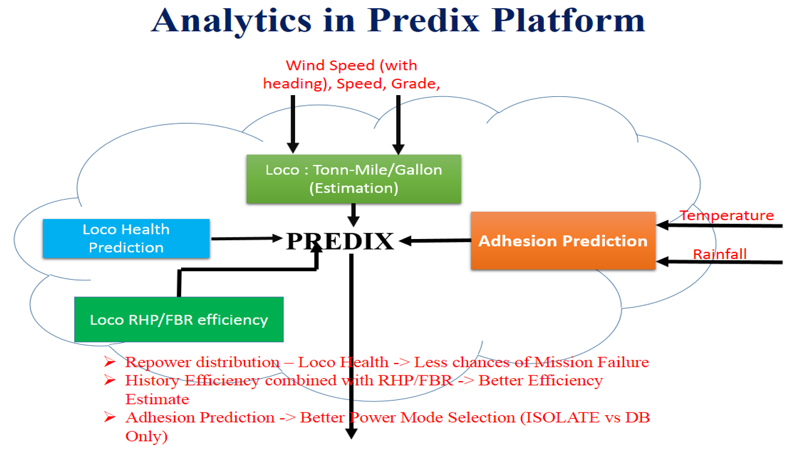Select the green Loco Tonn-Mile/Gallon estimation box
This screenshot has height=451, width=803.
tap(353, 179)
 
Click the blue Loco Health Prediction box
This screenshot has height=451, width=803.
tap(126, 238)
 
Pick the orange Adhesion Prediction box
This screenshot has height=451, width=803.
tap(563, 241)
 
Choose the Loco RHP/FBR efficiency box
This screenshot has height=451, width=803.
tap(179, 319)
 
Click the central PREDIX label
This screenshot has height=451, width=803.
tap(340, 241)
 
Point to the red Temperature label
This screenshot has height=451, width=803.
tap(727, 216)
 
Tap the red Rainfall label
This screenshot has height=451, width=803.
tap(720, 254)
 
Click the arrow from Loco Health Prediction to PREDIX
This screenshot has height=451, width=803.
tap(247, 238)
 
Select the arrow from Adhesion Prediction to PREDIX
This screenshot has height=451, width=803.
tap(435, 240)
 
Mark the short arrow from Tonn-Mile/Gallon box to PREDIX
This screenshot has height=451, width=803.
tap(353, 215)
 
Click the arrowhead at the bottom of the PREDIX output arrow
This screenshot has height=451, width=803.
tap(351, 434)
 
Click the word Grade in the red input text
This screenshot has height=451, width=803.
tap(417, 84)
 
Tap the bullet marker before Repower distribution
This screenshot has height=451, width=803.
tap(109, 362)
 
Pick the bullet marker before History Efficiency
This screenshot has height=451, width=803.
tap(109, 381)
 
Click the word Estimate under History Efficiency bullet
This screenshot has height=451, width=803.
tap(157, 399)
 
